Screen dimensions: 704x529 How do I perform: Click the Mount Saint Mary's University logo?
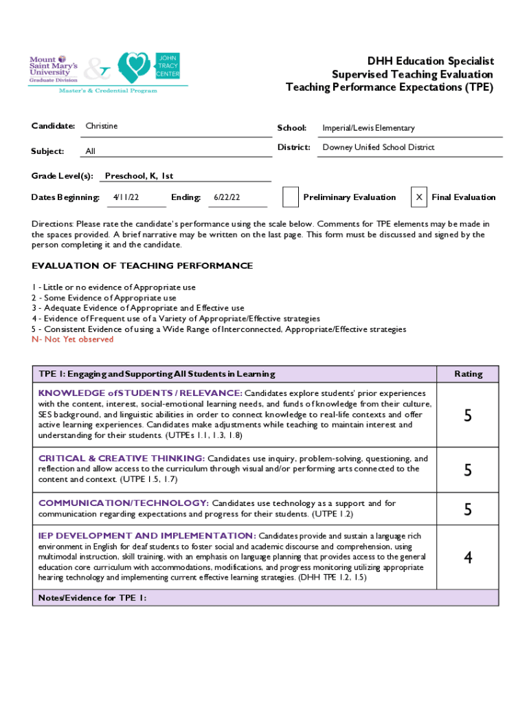pos(54,69)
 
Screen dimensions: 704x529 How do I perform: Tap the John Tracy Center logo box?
pos(168,64)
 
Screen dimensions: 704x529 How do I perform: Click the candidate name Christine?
pos(102,126)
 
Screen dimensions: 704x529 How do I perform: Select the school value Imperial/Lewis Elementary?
pos(368,128)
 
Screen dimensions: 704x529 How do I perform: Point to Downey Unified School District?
pos(379,147)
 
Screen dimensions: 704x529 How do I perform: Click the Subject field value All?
pos(90,151)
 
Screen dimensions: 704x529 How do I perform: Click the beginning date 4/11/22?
pos(126,197)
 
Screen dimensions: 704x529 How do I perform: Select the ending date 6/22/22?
pos(227,197)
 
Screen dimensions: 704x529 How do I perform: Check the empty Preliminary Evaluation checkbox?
pos(291,197)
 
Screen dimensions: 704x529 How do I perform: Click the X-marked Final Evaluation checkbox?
pos(418,197)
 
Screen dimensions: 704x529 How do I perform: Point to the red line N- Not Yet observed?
pos(73,340)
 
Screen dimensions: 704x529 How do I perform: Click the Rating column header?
pos(468,374)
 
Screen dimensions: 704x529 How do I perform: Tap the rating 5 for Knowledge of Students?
pos(468,415)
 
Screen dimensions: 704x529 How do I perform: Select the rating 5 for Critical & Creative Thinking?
pos(468,470)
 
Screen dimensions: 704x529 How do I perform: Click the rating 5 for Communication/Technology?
pos(468,509)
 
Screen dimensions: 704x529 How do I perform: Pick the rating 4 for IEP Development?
pos(468,557)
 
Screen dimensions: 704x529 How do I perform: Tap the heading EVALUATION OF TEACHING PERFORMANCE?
pos(142,266)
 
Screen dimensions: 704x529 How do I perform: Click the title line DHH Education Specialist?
pos(430,61)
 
